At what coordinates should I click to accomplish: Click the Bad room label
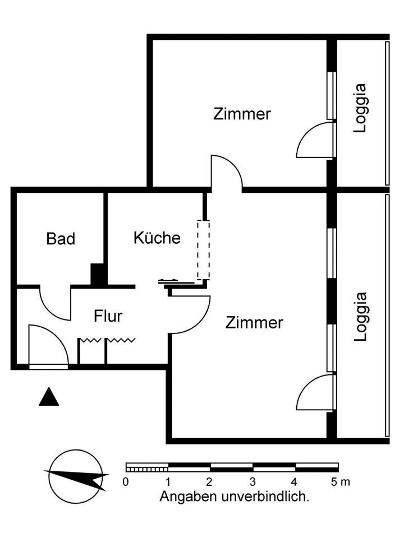[61, 239]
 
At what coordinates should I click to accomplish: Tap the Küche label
[157, 238]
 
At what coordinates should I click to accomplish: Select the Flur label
[108, 317]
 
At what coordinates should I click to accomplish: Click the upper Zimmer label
[242, 114]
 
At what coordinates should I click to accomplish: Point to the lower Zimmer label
[255, 323]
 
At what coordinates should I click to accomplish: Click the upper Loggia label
[360, 108]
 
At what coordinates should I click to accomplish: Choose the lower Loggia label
[360, 316]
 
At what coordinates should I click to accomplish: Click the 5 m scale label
[340, 481]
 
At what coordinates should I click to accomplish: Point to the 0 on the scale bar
[126, 481]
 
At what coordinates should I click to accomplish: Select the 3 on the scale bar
[253, 481]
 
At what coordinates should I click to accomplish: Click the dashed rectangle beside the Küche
[203, 249]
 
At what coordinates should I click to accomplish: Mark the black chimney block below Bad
[98, 275]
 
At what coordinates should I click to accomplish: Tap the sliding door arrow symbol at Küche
[168, 280]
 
